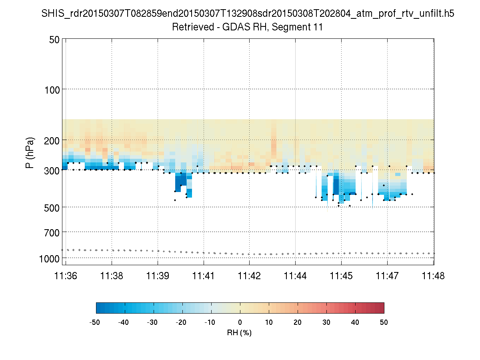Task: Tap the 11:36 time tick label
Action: (66, 276)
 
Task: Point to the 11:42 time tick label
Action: (250, 276)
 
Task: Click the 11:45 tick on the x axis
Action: (341, 276)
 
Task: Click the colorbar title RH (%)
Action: (239, 333)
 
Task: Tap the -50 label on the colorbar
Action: (95, 322)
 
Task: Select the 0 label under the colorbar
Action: (240, 322)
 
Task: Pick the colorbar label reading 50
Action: (384, 322)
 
